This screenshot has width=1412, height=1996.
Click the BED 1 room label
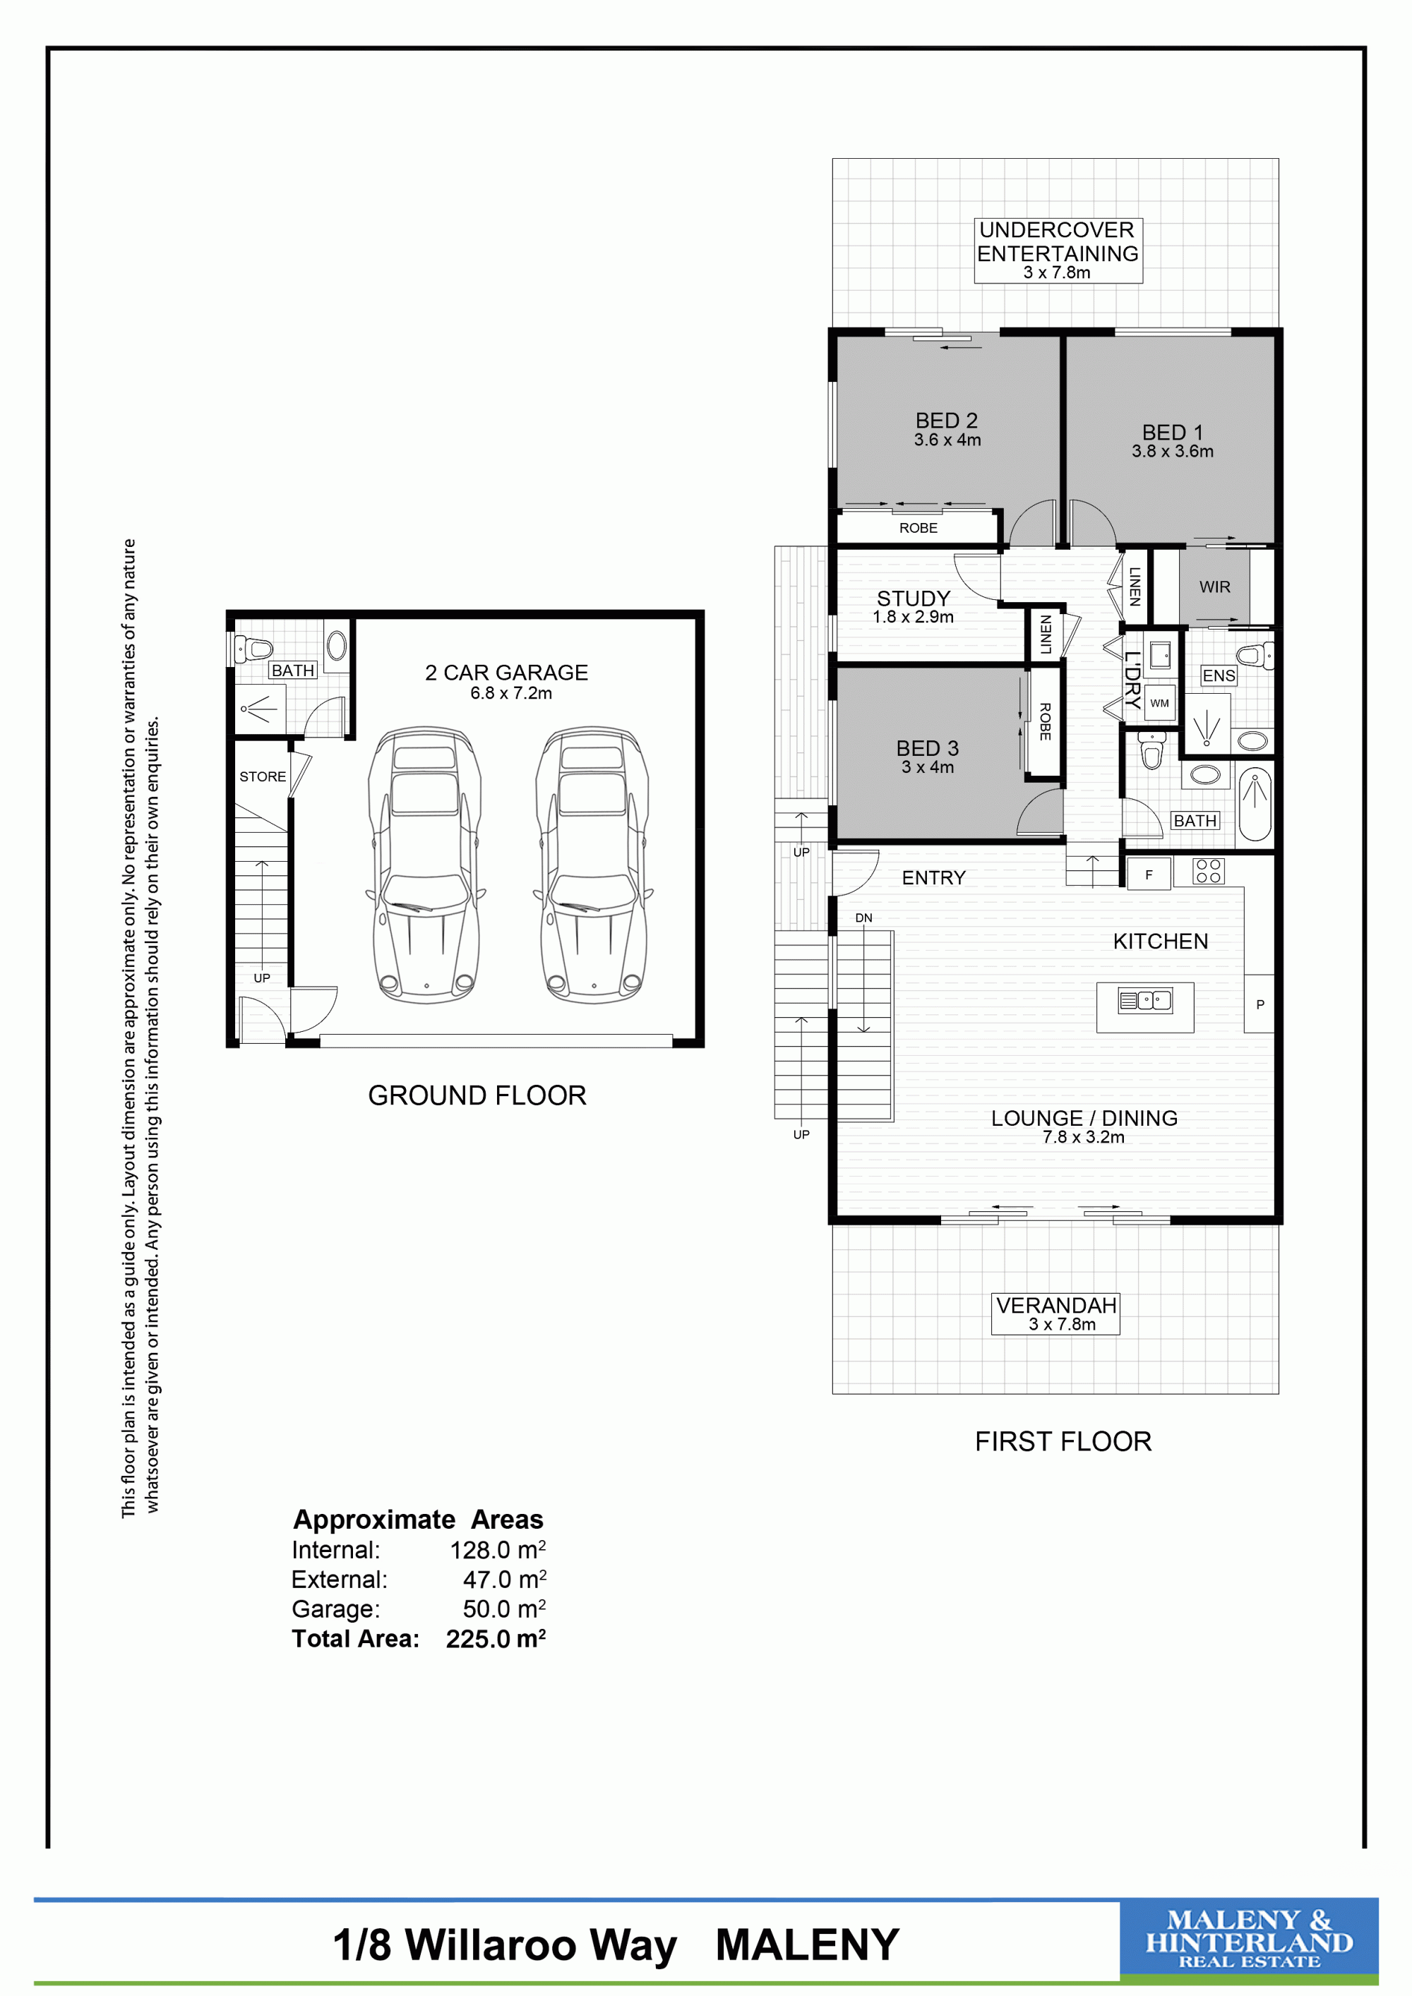point(1172,432)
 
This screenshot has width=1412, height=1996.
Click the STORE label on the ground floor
point(263,776)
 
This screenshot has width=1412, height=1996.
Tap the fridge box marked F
point(1149,874)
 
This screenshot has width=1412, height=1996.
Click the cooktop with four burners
point(1208,871)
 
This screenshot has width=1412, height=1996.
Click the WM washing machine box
point(1160,702)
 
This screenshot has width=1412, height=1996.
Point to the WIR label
point(1214,587)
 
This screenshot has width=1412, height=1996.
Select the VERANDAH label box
point(1055,1313)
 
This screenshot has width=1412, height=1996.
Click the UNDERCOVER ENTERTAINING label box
point(1058,251)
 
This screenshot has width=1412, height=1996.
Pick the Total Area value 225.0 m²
point(496,1639)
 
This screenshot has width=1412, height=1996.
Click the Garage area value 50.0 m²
point(504,1609)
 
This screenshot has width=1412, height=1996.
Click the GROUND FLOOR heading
point(477,1095)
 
